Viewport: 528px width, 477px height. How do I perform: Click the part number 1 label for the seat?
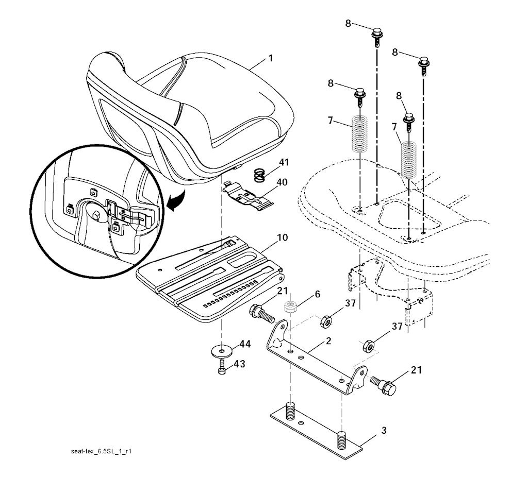tap(270, 58)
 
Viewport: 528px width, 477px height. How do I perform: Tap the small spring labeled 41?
tap(259, 176)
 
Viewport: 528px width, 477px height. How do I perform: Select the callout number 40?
tap(282, 182)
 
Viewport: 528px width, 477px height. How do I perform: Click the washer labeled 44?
tap(221, 351)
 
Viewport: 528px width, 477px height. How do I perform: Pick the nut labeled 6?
tap(290, 306)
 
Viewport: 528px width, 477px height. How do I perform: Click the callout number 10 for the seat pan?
tap(283, 237)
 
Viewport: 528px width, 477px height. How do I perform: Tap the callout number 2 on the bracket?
tap(328, 341)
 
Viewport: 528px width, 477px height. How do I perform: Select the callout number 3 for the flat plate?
tap(384, 430)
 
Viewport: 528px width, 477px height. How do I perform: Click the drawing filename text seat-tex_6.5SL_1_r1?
tap(101, 451)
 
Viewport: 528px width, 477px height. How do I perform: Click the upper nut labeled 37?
tap(326, 321)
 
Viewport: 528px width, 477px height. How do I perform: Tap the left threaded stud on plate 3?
tap(290, 411)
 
